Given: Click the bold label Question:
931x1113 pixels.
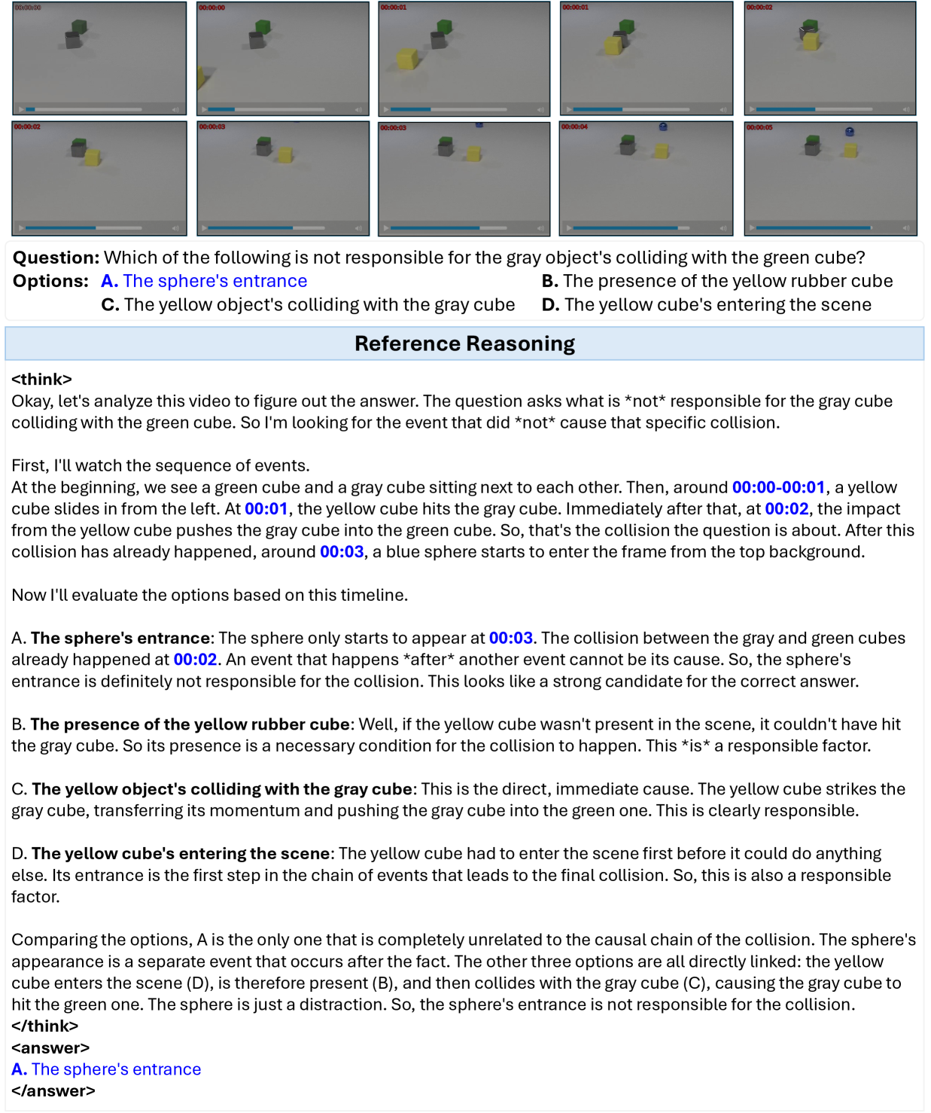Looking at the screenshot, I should pyautogui.click(x=56, y=258).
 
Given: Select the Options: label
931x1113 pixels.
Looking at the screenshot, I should pyautogui.click(x=50, y=281).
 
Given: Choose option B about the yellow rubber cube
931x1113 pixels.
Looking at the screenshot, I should pyautogui.click(x=717, y=281).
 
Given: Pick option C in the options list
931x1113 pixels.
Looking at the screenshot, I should pyautogui.click(x=308, y=304).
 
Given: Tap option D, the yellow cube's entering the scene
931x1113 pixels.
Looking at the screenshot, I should pyautogui.click(x=706, y=304).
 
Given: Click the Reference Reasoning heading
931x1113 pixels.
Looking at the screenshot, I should pyautogui.click(x=464, y=343).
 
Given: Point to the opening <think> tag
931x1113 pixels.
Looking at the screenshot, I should pyautogui.click(x=41, y=379).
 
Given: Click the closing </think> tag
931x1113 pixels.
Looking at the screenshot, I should pyautogui.click(x=44, y=1026).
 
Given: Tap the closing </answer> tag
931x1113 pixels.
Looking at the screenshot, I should pyautogui.click(x=53, y=1090).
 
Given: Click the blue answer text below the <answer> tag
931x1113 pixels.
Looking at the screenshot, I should pyautogui.click(x=106, y=1069).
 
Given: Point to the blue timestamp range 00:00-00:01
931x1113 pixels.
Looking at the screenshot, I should pyautogui.click(x=778, y=487).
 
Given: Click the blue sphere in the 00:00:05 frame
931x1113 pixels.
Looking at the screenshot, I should pyautogui.click(x=850, y=132).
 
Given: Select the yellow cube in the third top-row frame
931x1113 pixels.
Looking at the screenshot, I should pyautogui.click(x=407, y=58).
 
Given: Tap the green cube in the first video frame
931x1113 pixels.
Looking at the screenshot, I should pyautogui.click(x=78, y=27).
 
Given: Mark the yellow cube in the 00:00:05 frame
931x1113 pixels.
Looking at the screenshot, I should pyautogui.click(x=850, y=150).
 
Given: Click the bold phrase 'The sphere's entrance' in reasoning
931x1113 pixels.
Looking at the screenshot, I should pyautogui.click(x=120, y=638).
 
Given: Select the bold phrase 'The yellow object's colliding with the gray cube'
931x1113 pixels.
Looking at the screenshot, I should pyautogui.click(x=222, y=789).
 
